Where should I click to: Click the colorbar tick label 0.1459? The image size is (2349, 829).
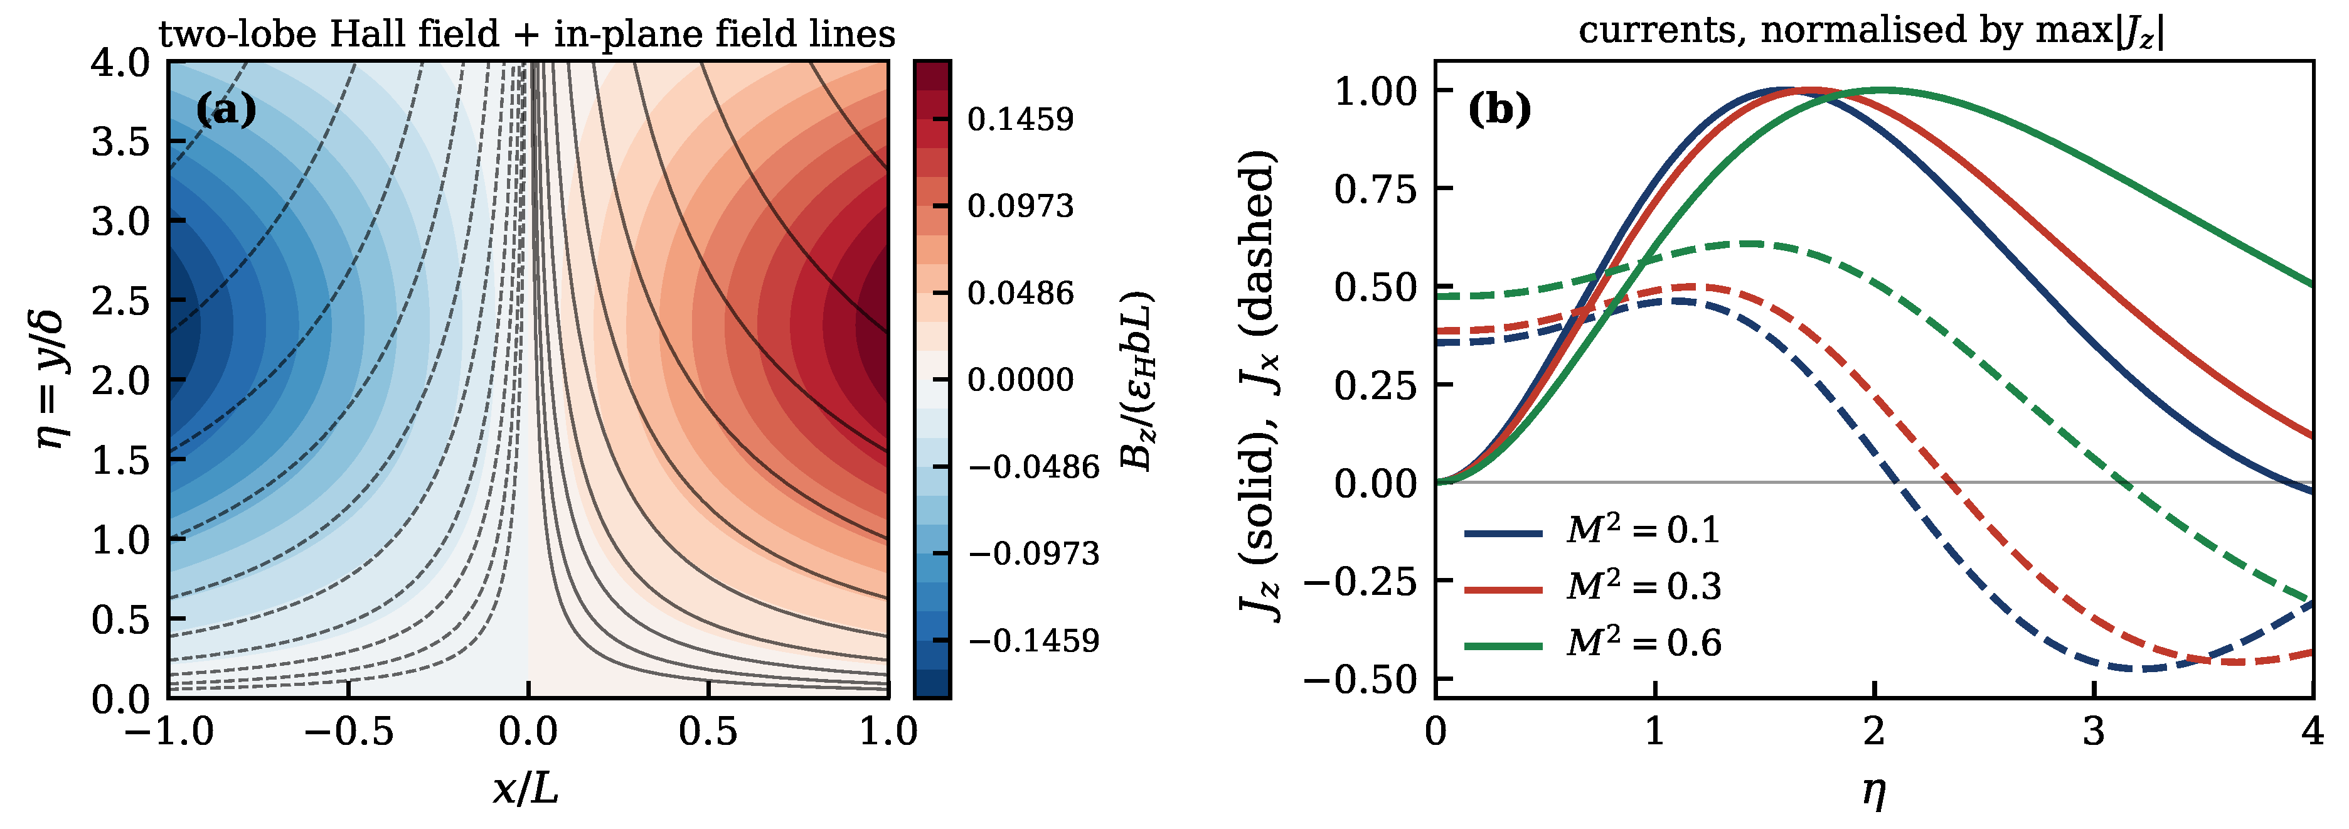click(x=1020, y=119)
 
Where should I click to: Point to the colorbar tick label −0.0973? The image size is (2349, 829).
click(x=1034, y=554)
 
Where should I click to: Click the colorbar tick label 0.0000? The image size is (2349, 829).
click(x=1020, y=380)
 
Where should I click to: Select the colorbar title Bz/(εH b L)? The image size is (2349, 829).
click(x=1137, y=380)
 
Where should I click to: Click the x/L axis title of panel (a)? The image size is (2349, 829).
click(x=526, y=787)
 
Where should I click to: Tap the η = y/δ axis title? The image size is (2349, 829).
click(x=50, y=380)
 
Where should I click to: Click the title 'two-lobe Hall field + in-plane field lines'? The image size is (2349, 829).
click(x=527, y=34)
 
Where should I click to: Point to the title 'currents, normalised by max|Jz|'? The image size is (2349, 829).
click(x=1871, y=30)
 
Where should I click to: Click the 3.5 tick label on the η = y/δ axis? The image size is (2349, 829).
click(x=120, y=142)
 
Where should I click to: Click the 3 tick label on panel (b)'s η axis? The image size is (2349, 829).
click(x=2094, y=732)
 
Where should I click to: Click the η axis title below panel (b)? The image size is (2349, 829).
click(x=1874, y=790)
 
